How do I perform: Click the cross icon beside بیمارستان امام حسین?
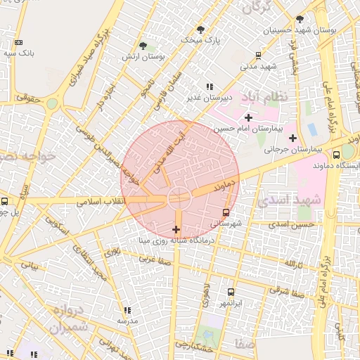(x=248, y=117)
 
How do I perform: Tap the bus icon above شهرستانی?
(x=226, y=211)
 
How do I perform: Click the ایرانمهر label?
(x=231, y=303)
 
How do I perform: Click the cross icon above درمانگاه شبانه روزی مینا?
(x=176, y=230)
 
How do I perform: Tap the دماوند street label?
(x=221, y=186)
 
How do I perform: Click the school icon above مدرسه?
(x=127, y=310)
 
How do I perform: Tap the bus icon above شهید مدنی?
(x=258, y=54)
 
